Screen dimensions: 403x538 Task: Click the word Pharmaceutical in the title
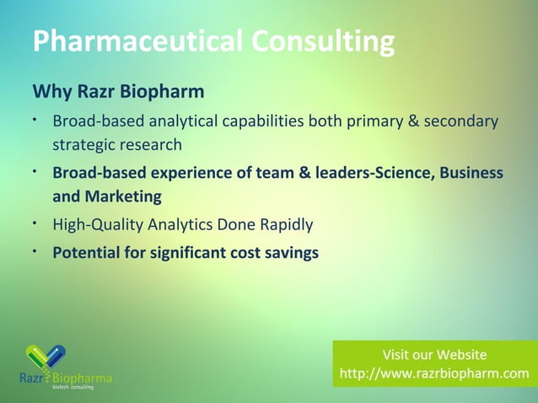click(x=134, y=40)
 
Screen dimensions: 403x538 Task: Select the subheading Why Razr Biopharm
click(x=118, y=89)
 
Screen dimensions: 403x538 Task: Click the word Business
click(x=467, y=173)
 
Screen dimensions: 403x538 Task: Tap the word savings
click(x=289, y=251)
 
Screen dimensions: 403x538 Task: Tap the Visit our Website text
click(x=434, y=354)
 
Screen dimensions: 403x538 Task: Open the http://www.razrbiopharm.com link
click(x=434, y=373)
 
